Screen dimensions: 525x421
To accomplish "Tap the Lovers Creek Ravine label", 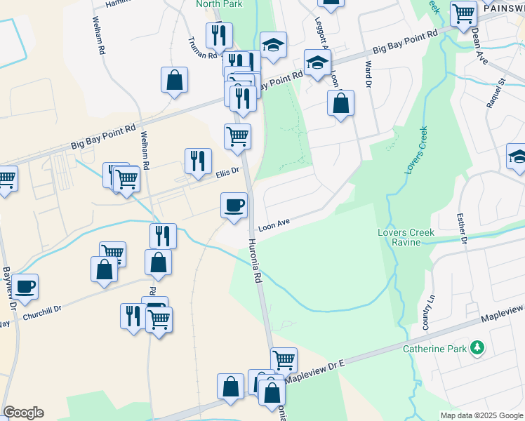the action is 406,237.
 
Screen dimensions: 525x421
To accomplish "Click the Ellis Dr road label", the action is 227,171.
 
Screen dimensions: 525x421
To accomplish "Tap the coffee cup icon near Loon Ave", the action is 234,205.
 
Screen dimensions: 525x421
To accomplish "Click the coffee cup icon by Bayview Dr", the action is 25,286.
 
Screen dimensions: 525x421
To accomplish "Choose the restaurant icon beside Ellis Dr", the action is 198,161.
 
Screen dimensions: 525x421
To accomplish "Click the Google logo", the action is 23,413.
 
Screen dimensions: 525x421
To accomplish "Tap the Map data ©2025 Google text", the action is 481,415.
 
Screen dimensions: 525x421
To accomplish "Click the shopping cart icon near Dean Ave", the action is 463,13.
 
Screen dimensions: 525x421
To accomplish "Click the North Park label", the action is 218,4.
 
